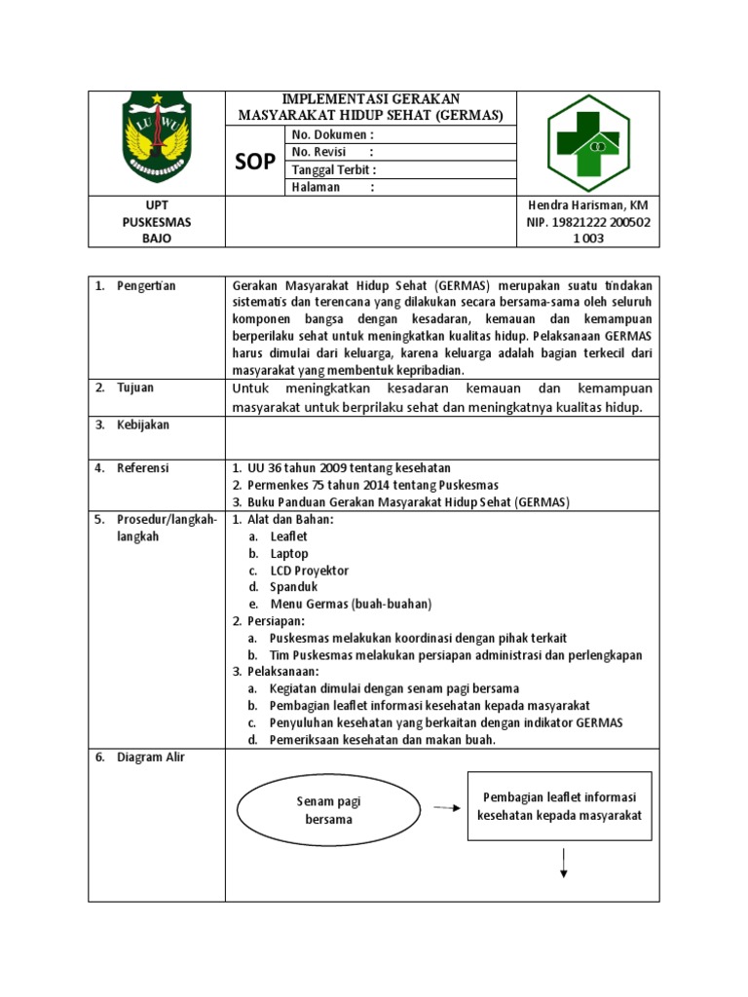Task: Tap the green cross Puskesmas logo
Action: (587, 143)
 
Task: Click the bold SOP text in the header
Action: (255, 162)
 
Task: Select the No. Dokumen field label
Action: (332, 134)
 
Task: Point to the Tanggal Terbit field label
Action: (334, 169)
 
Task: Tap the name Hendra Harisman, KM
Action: (587, 205)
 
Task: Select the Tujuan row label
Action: (137, 388)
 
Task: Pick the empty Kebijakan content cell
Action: (441, 434)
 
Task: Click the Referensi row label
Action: (143, 468)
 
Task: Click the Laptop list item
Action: (289, 553)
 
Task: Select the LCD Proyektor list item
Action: (309, 571)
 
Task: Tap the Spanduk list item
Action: (294, 587)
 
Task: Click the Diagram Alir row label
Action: (151, 757)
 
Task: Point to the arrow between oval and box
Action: (447, 807)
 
